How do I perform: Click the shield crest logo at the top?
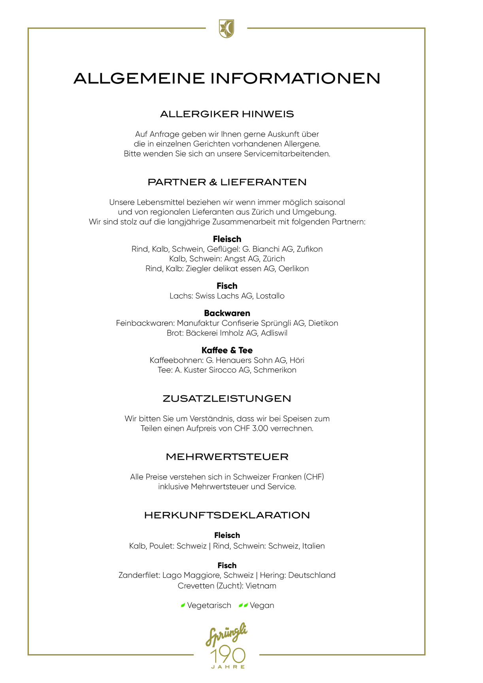tap(226, 29)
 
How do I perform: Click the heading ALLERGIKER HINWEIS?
tap(227, 114)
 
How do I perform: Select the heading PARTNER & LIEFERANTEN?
tap(227, 182)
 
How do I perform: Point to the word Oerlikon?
tap(293, 269)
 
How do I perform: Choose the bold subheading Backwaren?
tap(227, 313)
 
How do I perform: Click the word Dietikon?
tap(323, 323)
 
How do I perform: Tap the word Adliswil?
tap(274, 333)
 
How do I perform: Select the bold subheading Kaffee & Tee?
tap(227, 351)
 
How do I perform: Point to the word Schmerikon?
tap(275, 370)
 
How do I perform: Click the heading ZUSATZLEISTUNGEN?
tap(227, 398)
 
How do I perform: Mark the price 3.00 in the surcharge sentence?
tap(260, 429)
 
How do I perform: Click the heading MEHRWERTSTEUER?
tap(227, 457)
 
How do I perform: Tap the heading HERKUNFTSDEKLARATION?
tap(227, 515)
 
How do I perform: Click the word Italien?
tap(313, 546)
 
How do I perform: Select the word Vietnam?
tap(261, 586)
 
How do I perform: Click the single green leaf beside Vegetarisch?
tap(183, 606)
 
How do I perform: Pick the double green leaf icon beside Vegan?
tap(243, 606)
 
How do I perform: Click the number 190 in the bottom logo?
tap(228, 656)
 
